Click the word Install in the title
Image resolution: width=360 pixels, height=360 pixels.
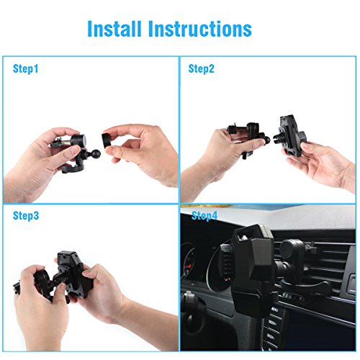pos(114,29)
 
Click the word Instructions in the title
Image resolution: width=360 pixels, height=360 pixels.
pos(200,29)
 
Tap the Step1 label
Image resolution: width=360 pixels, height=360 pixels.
pos(25,68)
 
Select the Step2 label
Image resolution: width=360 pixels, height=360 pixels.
pos(201,68)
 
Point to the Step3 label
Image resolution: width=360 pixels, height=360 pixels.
pos(26,215)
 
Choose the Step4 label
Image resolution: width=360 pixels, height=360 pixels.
pos(204,215)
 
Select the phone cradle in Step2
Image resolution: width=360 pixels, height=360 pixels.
pos(292,135)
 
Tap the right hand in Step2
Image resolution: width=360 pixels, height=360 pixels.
pos(322,163)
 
